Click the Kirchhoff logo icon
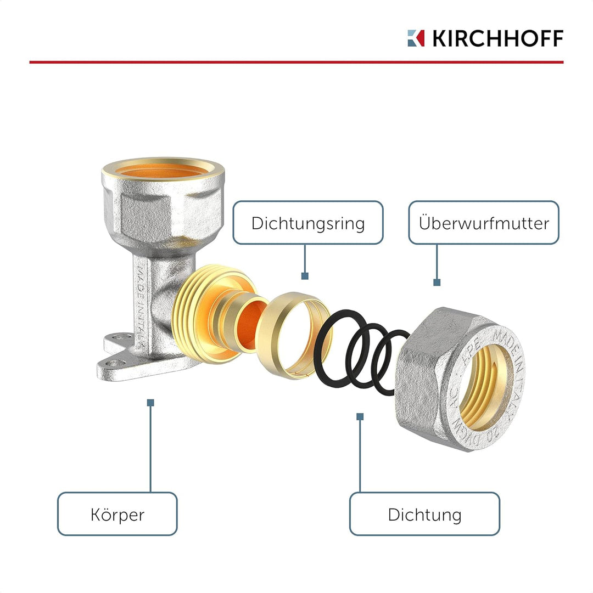pos(416,38)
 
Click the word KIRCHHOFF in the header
pos(498,38)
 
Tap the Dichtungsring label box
pos(308,222)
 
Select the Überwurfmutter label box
pos(484,222)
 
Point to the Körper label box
pos(118,514)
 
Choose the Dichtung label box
pos(424,514)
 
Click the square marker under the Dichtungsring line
pos(305,276)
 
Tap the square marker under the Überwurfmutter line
pos(437,283)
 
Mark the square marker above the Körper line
pos(150,403)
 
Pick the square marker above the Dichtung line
pos(360,416)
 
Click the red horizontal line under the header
pos(296,62)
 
